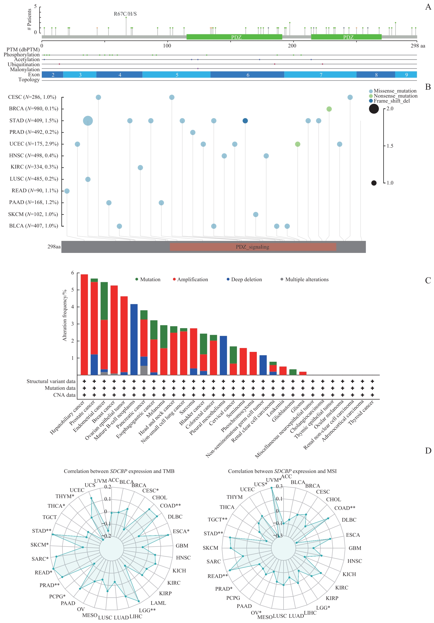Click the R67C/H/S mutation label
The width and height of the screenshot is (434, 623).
click(125, 14)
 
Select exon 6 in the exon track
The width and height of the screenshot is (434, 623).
click(247, 75)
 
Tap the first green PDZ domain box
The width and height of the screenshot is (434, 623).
click(234, 37)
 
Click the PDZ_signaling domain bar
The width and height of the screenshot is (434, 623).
click(253, 247)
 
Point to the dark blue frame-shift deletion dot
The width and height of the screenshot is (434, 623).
click(245, 121)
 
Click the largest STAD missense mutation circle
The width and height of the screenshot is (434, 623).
click(88, 121)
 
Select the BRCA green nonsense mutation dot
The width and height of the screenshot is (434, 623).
click(329, 109)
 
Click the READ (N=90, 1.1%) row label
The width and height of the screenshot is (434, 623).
click(35, 191)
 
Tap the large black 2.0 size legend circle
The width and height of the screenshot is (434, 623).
click(374, 109)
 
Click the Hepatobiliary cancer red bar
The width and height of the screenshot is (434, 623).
click(84, 325)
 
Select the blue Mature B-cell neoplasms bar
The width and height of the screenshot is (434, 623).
click(134, 339)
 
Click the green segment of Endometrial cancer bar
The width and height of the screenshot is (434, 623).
click(104, 301)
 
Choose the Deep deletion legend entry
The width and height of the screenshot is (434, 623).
click(244, 279)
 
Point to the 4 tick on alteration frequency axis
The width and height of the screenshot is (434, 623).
click(72, 307)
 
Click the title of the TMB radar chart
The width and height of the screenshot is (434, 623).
click(119, 471)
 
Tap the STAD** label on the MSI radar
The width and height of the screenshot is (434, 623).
click(213, 533)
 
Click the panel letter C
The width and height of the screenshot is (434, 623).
click(428, 280)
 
